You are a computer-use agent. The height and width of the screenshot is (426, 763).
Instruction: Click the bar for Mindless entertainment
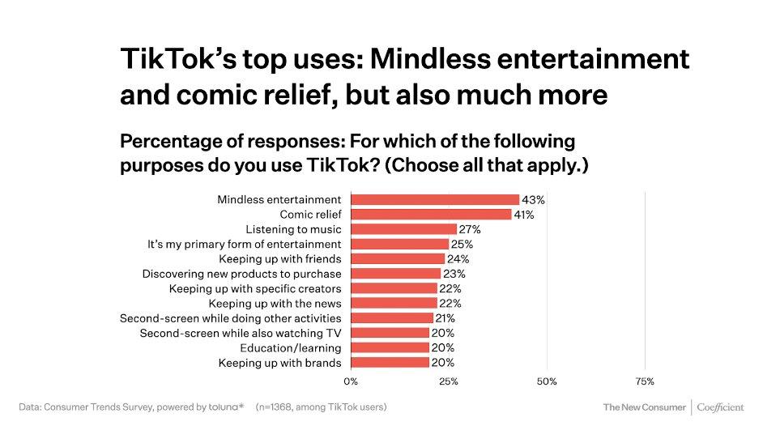pyautogui.click(x=435, y=199)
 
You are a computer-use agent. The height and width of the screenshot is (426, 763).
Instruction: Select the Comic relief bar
pyautogui.click(x=431, y=214)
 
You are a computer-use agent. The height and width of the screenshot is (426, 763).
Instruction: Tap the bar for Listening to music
pyautogui.click(x=403, y=229)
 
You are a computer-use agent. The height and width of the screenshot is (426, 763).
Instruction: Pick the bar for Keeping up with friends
pyautogui.click(x=398, y=258)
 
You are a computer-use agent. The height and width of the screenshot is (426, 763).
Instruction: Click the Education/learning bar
pyautogui.click(x=390, y=347)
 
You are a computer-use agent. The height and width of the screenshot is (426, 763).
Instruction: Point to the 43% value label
pyautogui.click(x=534, y=199)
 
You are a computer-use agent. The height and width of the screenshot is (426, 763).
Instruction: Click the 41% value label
pyautogui.click(x=526, y=214)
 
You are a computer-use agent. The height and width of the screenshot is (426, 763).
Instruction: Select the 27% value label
pyautogui.click(x=471, y=229)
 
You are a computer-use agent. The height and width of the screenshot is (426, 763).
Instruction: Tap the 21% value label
pyautogui.click(x=446, y=318)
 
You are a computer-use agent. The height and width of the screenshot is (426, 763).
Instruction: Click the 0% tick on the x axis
pyautogui.click(x=351, y=380)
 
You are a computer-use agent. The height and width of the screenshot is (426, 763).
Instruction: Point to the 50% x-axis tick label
pyautogui.click(x=547, y=380)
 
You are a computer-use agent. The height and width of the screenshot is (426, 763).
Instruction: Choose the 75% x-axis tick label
pyautogui.click(x=645, y=380)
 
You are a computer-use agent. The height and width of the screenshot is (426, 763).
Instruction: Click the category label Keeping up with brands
pyautogui.click(x=279, y=362)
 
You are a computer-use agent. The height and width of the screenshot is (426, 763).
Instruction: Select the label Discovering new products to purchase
pyautogui.click(x=241, y=274)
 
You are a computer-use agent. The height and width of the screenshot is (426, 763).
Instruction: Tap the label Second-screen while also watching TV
pyautogui.click(x=241, y=333)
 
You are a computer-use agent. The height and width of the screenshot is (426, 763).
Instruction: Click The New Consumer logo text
pyautogui.click(x=644, y=407)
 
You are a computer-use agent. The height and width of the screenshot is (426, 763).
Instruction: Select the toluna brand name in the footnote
pyautogui.click(x=224, y=407)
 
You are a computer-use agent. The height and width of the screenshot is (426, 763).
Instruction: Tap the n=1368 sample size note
pyautogui.click(x=321, y=407)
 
